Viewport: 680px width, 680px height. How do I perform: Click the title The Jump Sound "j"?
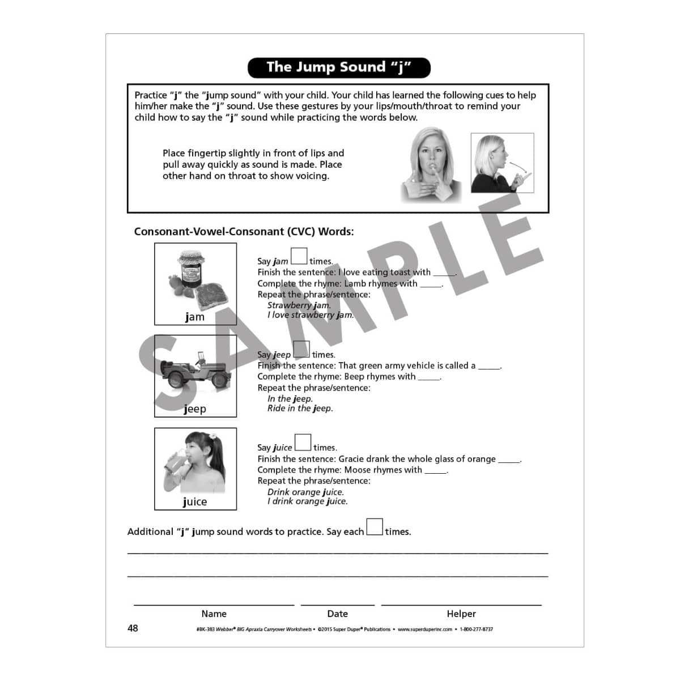[339, 67]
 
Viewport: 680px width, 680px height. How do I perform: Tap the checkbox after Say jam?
[299, 257]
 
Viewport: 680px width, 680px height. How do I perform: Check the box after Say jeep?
[301, 349]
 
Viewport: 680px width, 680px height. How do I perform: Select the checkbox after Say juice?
[303, 442]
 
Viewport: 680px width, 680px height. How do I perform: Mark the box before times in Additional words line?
[375, 527]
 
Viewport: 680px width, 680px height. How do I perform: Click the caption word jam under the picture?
[195, 317]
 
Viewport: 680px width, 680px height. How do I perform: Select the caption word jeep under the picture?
[195, 409]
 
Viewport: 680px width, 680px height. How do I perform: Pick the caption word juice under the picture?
[195, 502]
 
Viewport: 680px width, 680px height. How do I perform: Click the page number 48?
[133, 628]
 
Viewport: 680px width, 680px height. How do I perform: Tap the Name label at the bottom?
[214, 614]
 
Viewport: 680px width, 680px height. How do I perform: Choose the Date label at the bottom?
[337, 614]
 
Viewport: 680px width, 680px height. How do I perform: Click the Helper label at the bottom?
[461, 614]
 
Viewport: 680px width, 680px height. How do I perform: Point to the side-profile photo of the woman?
[501, 163]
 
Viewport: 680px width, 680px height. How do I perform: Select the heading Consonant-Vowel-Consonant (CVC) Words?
[244, 232]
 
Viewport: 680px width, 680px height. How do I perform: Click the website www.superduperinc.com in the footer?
[424, 629]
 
